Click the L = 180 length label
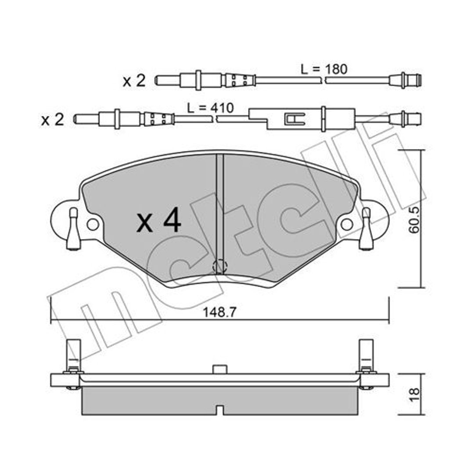coord(324,69)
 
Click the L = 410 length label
coord(210,108)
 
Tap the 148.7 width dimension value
coord(219,312)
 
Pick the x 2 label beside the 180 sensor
coord(134,81)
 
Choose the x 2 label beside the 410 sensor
coord(53,119)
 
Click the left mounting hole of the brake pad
coord(93,224)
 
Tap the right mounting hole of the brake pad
coord(347,224)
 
